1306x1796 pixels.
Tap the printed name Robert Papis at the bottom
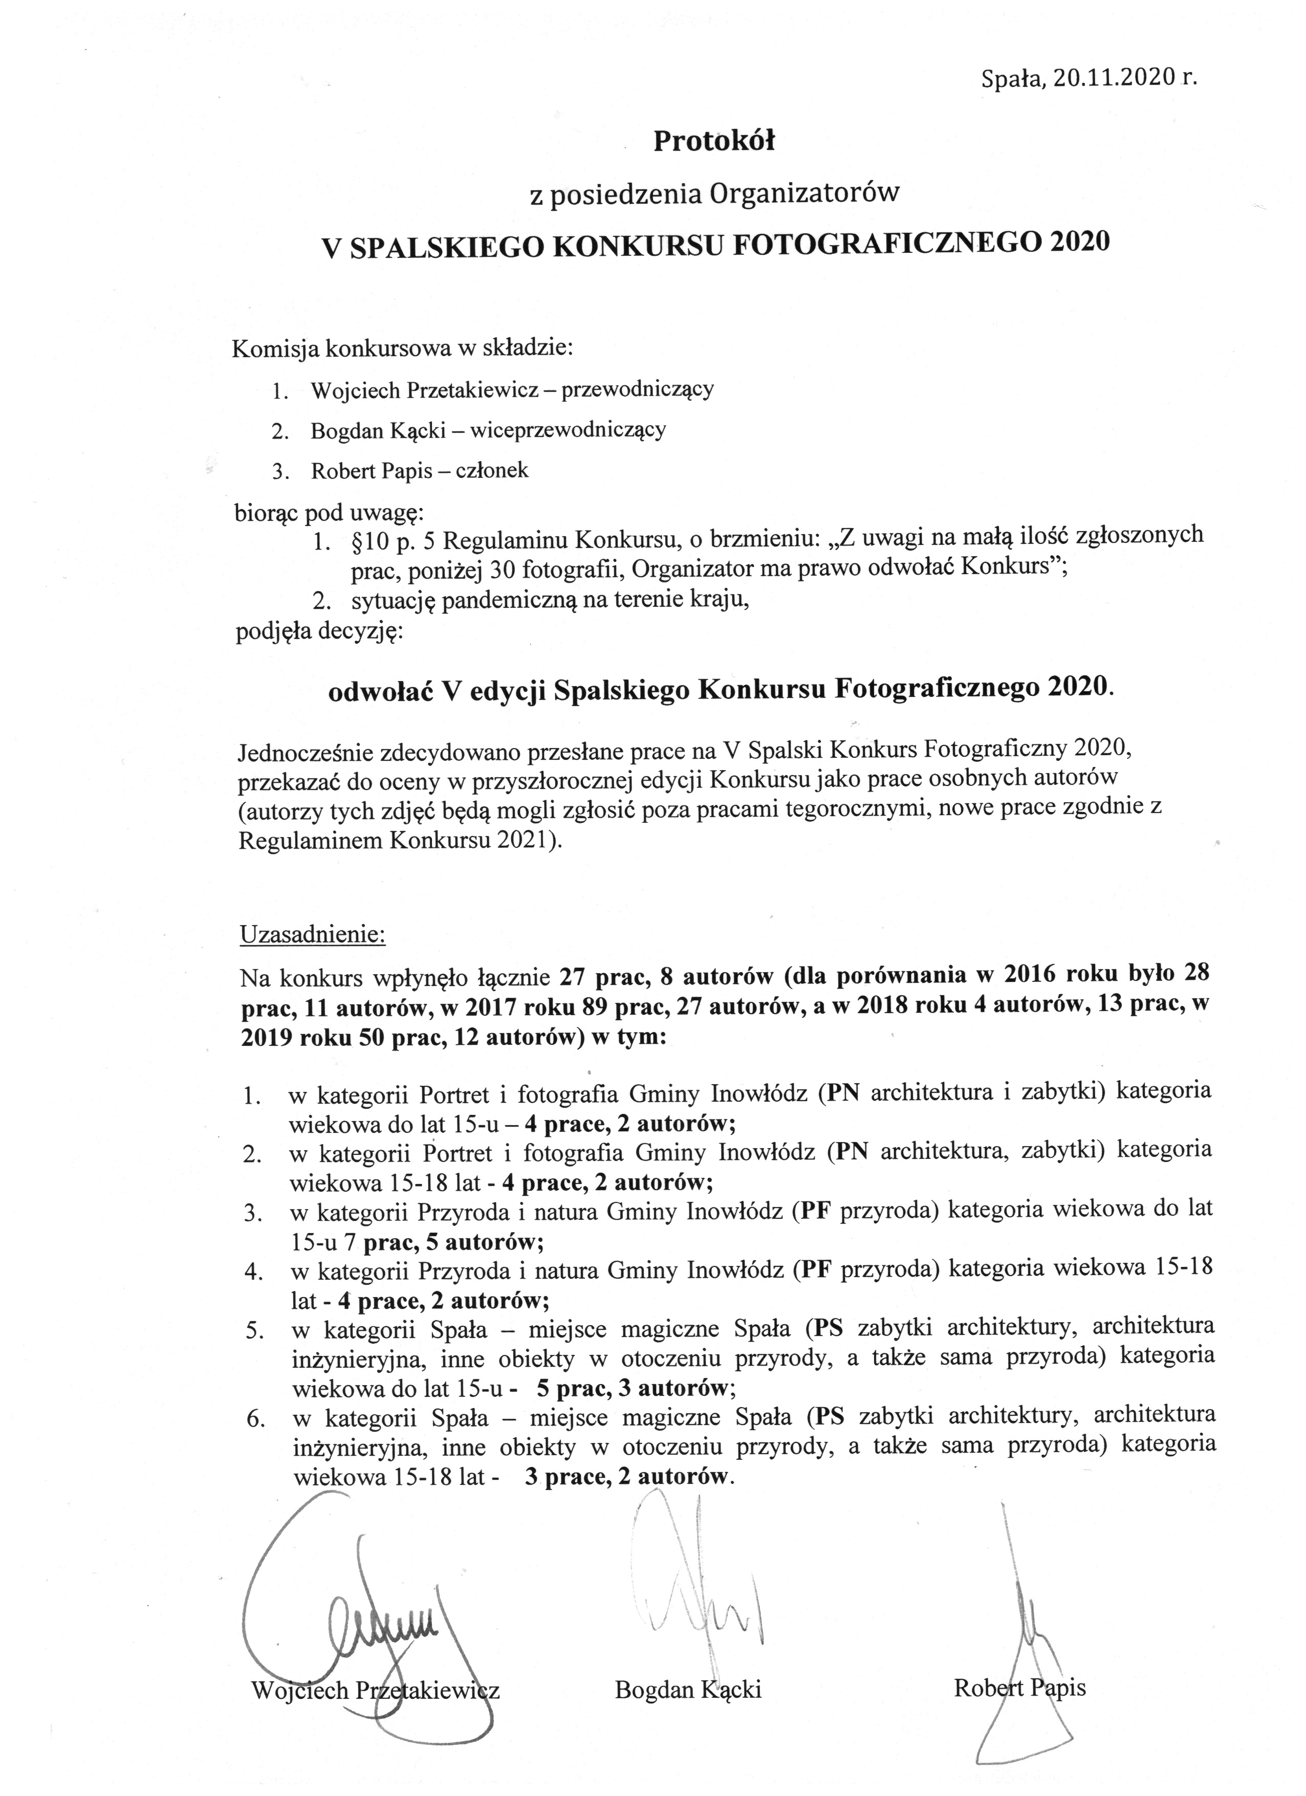tap(1019, 1689)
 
